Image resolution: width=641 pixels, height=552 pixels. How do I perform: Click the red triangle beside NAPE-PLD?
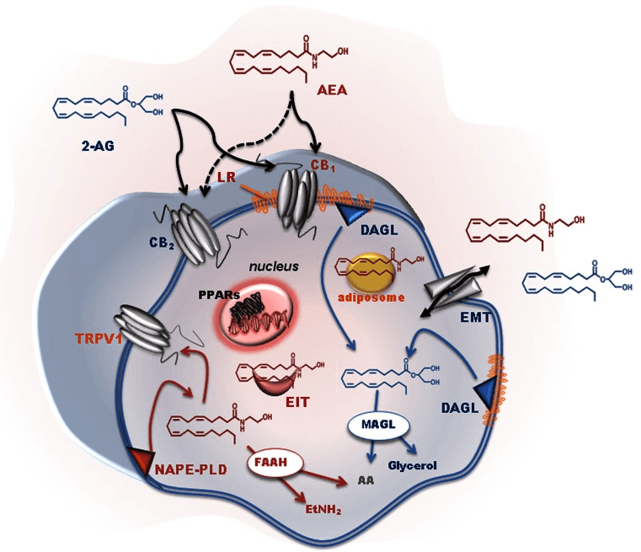[x=139, y=460]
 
